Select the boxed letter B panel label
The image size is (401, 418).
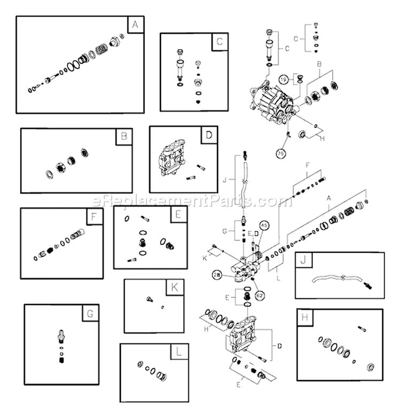pyautogui.click(x=124, y=137)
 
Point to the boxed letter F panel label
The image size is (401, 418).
pyautogui.click(x=94, y=217)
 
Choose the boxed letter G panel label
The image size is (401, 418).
pyautogui.click(x=90, y=313)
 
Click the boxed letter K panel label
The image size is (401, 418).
pyautogui.click(x=174, y=287)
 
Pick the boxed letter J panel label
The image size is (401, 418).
pyautogui.click(x=303, y=261)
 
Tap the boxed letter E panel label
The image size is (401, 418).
pyautogui.click(x=179, y=215)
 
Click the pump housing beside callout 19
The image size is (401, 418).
pyautogui.click(x=270, y=99)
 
